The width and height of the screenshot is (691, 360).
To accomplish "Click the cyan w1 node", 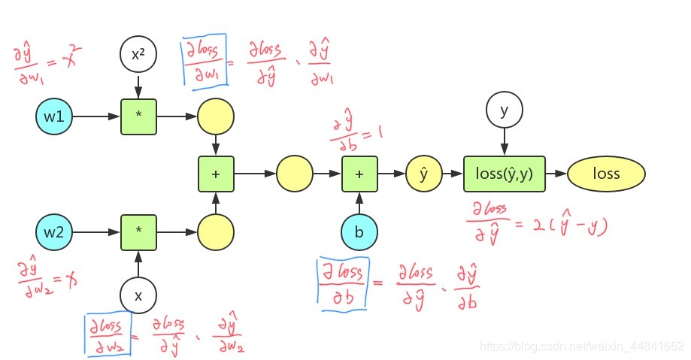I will coord(54,118).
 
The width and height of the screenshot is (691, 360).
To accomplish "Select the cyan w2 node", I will coord(54,231).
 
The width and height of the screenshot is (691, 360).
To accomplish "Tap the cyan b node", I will coord(359,231).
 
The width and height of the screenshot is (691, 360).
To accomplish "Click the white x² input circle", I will coord(138,54).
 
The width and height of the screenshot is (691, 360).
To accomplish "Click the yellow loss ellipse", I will coord(606,174).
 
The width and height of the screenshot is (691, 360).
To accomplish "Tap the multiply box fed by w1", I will coord(138,118).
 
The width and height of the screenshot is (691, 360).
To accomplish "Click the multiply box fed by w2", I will coord(138,231).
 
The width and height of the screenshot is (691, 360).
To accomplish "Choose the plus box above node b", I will coord(359,174).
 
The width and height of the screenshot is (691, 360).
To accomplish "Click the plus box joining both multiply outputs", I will coord(216,174).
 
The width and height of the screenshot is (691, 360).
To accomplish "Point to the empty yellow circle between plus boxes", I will coord(295,174).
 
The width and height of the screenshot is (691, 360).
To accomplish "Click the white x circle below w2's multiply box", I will coord(138,295).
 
